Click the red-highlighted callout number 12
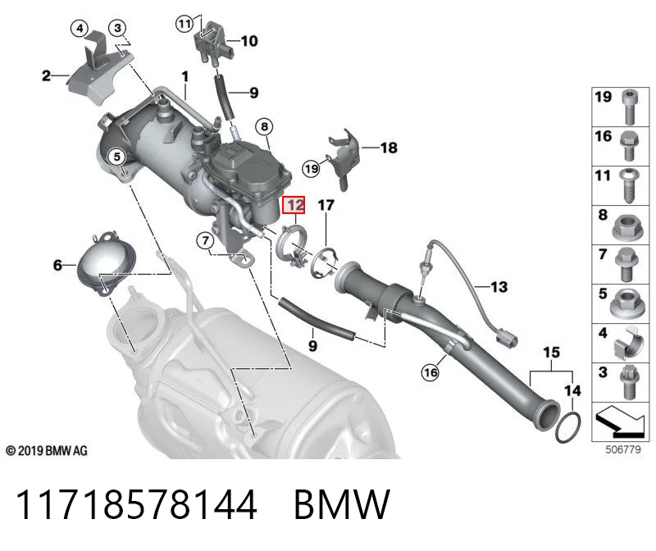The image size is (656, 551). click(x=294, y=205)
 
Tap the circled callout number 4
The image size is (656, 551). click(x=80, y=29)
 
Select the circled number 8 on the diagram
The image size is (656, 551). click(x=264, y=126)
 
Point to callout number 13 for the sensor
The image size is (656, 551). click(x=499, y=287)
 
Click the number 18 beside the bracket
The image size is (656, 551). click(x=389, y=148)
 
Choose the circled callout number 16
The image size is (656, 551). click(x=430, y=372)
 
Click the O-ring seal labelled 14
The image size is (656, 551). click(x=567, y=426)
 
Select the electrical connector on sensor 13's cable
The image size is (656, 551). click(x=507, y=337)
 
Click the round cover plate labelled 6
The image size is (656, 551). click(x=107, y=262)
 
